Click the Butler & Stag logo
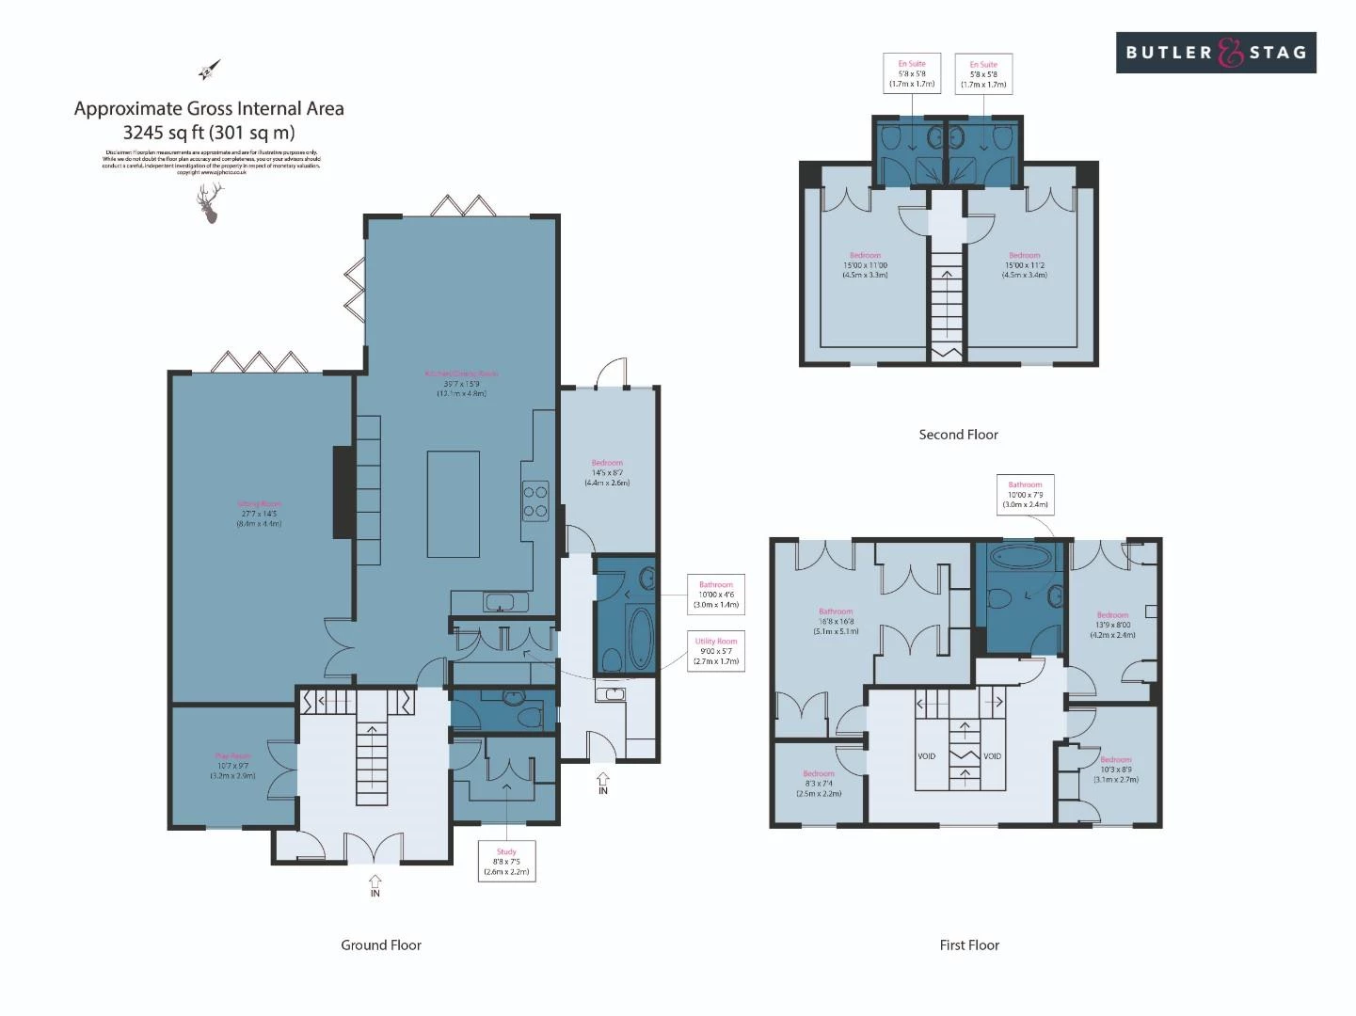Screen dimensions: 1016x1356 tap(1216, 53)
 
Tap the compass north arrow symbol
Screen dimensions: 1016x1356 tap(209, 70)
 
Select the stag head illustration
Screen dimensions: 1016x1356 tap(211, 203)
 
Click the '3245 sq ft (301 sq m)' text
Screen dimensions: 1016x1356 tap(209, 133)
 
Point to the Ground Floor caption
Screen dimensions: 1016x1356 tap(381, 945)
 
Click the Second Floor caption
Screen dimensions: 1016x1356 tap(958, 435)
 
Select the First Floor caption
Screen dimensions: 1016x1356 tap(969, 945)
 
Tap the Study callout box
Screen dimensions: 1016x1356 tap(506, 861)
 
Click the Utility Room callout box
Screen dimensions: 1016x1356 tap(716, 651)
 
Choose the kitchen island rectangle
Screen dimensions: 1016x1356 tap(453, 504)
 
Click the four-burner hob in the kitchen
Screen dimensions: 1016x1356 tap(535, 501)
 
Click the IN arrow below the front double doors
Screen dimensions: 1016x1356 tap(375, 885)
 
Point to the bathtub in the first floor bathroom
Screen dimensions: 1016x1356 tap(1022, 556)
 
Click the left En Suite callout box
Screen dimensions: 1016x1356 tap(912, 74)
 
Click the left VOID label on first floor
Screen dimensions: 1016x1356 tap(927, 756)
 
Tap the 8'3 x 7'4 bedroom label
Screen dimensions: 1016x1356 tap(819, 784)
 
